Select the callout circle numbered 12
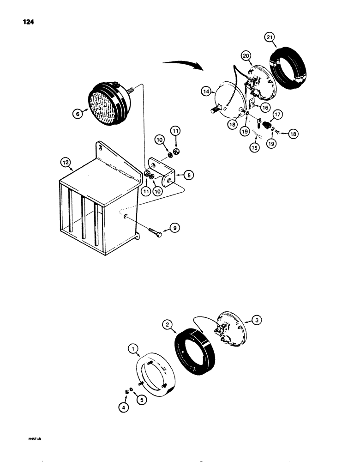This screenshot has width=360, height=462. click(66, 162)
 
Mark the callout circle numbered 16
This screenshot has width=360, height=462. click(264, 107)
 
